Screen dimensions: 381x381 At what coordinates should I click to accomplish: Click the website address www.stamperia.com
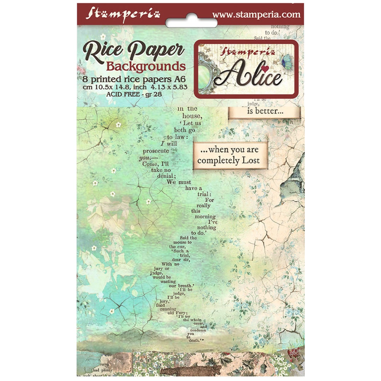click(256, 14)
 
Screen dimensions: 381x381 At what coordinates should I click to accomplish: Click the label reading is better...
click(264, 113)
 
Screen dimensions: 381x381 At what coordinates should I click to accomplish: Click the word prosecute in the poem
click(156, 151)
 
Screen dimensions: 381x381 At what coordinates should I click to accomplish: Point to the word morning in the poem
click(205, 217)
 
